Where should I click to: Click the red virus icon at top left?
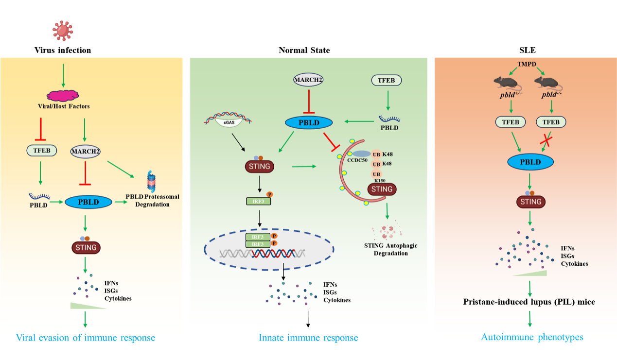pyautogui.click(x=63, y=31)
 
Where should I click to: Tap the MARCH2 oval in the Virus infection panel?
pyautogui.click(x=86, y=151)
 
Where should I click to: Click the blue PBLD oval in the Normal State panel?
pyautogui.click(x=308, y=122)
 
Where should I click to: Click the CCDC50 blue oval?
pyautogui.click(x=358, y=154)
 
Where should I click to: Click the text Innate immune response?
pyautogui.click(x=308, y=338)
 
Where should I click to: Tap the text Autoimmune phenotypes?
pyautogui.click(x=532, y=337)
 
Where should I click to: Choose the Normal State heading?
pyautogui.click(x=304, y=50)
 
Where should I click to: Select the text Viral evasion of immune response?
pyautogui.click(x=86, y=338)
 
